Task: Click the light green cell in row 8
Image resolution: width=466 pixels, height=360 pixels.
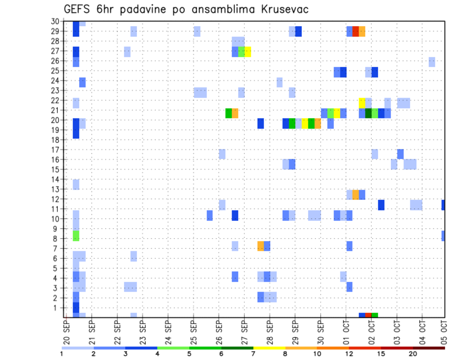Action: pyautogui.click(x=76, y=236)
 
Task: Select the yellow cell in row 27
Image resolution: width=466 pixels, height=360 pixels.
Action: pyautogui.click(x=248, y=51)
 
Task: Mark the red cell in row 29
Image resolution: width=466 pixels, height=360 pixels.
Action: pyautogui.click(x=355, y=32)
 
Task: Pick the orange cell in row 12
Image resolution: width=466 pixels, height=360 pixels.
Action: pyautogui.click(x=355, y=195)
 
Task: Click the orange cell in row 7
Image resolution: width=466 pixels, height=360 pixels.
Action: pyautogui.click(x=261, y=246)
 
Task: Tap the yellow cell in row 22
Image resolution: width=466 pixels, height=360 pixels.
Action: pyautogui.click(x=362, y=102)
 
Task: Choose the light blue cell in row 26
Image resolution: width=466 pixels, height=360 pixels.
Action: pyautogui.click(x=432, y=62)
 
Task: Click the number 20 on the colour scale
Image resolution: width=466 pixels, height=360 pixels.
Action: pyautogui.click(x=413, y=354)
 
